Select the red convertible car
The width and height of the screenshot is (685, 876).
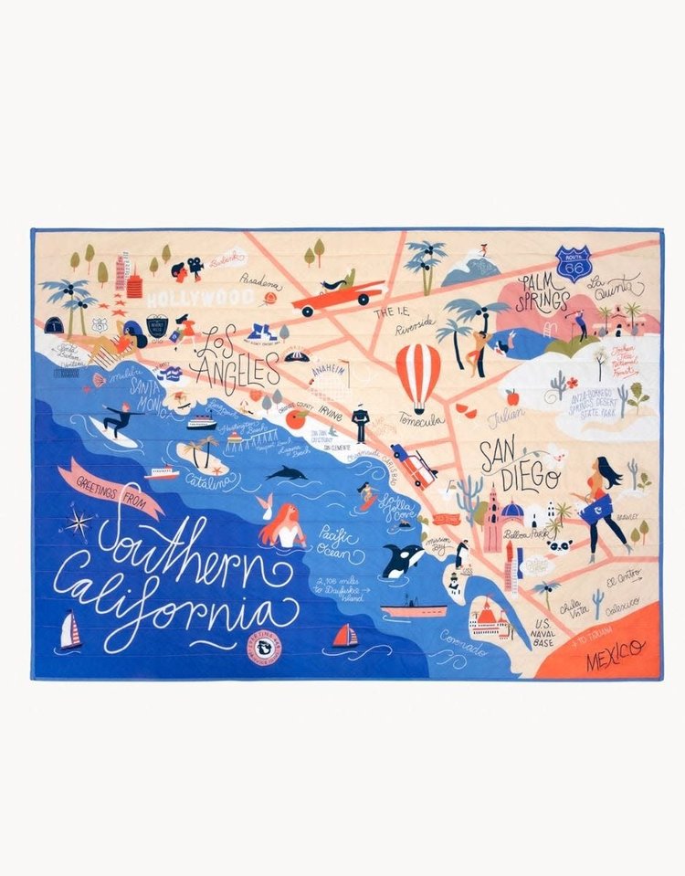(337, 294)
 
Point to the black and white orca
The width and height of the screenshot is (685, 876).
(401, 558)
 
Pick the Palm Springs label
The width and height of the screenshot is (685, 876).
(543, 291)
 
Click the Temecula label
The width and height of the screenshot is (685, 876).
(421, 420)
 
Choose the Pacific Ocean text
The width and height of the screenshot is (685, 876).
(339, 542)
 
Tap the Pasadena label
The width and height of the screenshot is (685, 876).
(261, 281)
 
